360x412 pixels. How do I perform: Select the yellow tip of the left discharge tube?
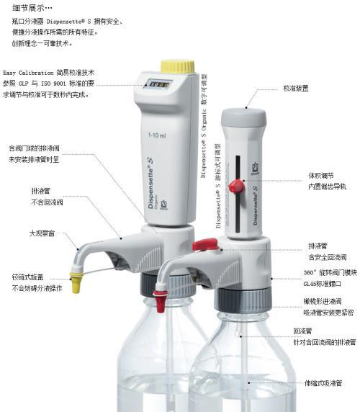(76, 276)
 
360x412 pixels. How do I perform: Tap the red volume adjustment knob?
(235, 187)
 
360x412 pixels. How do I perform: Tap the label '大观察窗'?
(42, 234)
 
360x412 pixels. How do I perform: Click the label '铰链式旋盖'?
(32, 277)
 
